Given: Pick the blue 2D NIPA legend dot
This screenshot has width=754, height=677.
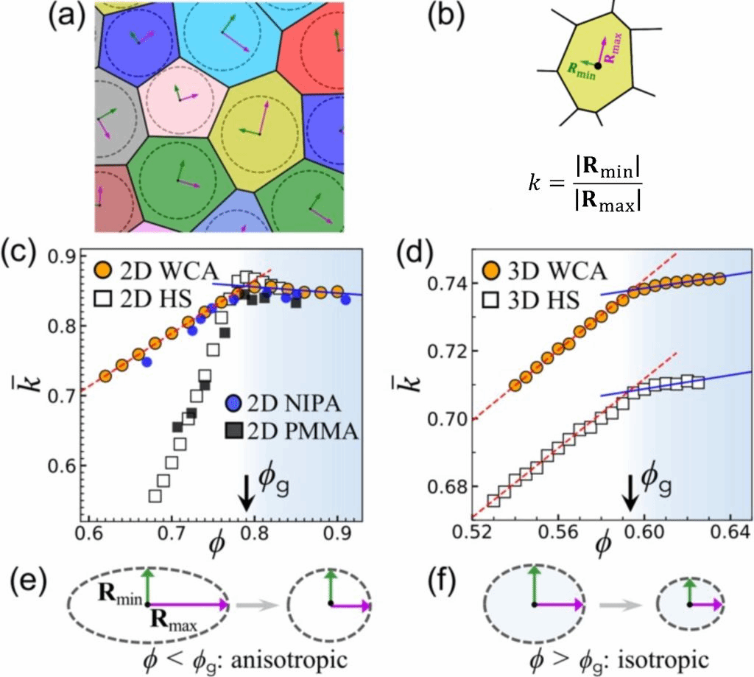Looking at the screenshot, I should click(x=233, y=402).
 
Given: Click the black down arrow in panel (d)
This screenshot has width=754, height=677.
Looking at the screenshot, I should click(x=630, y=499).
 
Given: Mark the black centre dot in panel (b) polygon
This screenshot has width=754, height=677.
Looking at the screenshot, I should click(x=598, y=66).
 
